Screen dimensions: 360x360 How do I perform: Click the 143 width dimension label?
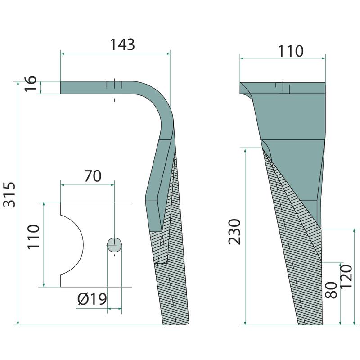(x=122, y=45)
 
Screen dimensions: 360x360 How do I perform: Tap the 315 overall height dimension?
(x=9, y=195)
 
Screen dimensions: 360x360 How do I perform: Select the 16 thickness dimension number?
(x=31, y=83)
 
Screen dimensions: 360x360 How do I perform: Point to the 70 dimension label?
(x=93, y=176)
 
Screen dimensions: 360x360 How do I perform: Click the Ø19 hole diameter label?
(x=92, y=299)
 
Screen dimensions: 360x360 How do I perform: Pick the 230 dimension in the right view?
(x=234, y=232)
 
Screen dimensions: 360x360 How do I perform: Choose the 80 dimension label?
(x=331, y=290)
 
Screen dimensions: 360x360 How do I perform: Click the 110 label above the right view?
(x=291, y=51)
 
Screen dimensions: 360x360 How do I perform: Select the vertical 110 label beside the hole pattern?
(x=33, y=237)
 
